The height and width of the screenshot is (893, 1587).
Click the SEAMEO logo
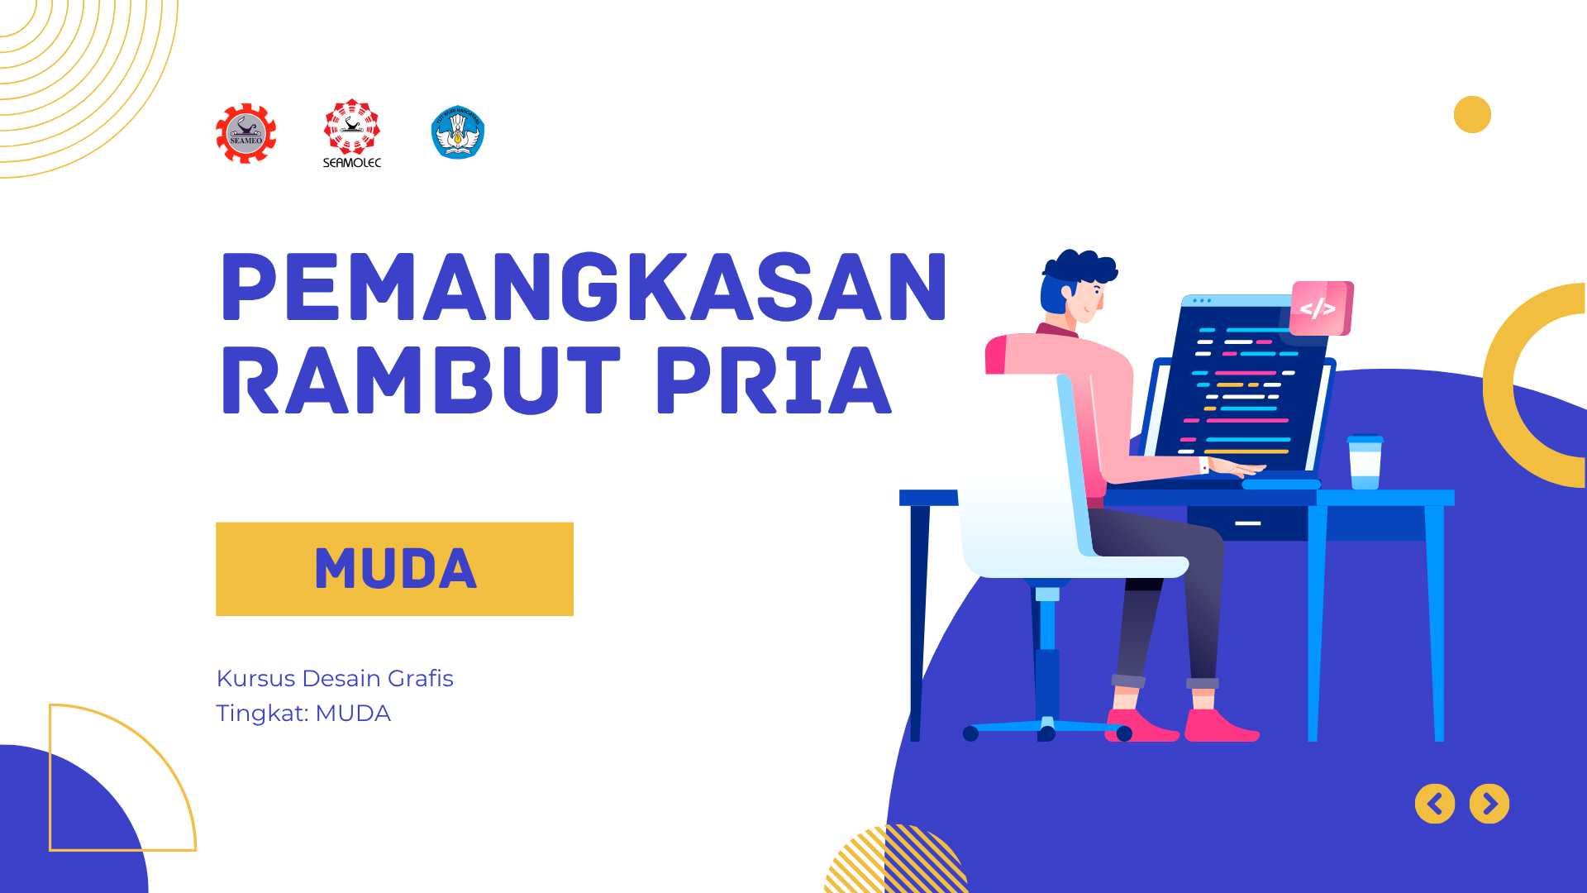245,133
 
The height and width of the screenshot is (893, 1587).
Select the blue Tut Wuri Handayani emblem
458,132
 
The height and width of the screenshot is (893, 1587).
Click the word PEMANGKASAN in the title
584,287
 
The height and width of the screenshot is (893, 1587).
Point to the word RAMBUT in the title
421,380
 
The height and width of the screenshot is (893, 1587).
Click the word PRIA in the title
774,380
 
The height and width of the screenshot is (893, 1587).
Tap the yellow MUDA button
394,569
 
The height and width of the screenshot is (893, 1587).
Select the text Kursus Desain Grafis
335,678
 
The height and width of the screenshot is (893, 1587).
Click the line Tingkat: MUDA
303,713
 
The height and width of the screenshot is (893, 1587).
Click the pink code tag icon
1320,308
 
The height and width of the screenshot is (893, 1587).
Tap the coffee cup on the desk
1365,462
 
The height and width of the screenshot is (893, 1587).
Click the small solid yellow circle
1472,114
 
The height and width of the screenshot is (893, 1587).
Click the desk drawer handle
1248,523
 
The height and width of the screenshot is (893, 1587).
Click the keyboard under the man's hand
1280,484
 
